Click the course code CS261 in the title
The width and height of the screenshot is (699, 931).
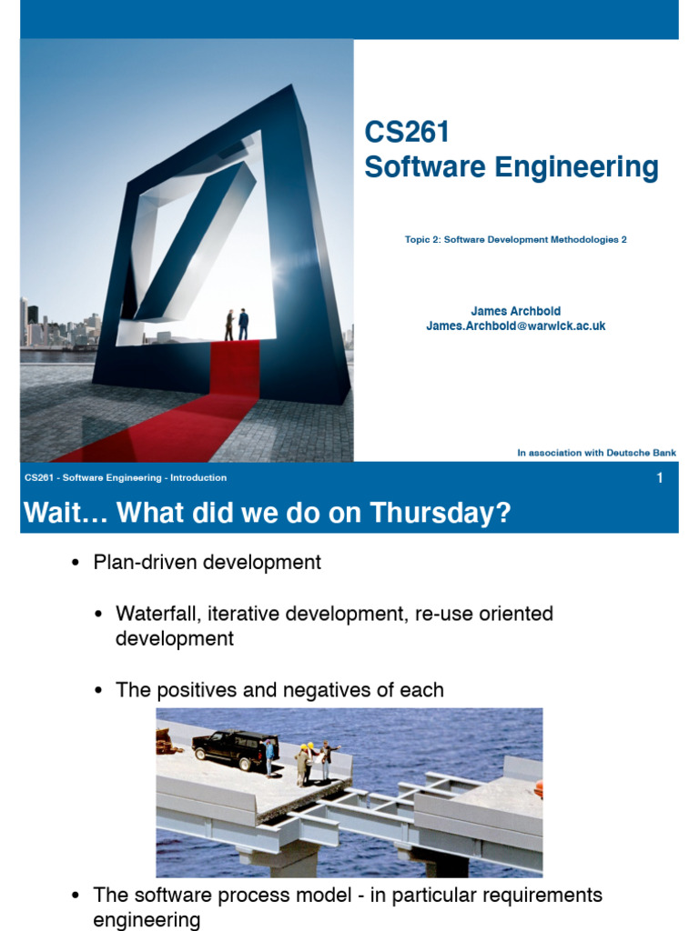tap(407, 133)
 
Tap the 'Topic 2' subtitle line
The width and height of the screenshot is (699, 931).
tap(516, 240)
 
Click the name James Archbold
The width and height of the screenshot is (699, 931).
tap(515, 311)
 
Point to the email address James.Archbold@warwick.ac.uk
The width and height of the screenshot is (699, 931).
tap(515, 325)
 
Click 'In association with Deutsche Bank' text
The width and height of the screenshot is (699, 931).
tap(596, 453)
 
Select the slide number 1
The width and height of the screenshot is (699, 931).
tap(660, 478)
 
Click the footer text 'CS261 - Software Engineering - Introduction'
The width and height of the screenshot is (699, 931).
tap(126, 478)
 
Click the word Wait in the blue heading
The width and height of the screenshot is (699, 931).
tap(55, 514)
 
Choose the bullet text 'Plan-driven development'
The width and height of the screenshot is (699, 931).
tap(207, 563)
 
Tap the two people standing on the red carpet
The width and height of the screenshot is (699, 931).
tap(237, 324)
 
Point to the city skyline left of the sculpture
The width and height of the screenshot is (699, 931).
tap(59, 327)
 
